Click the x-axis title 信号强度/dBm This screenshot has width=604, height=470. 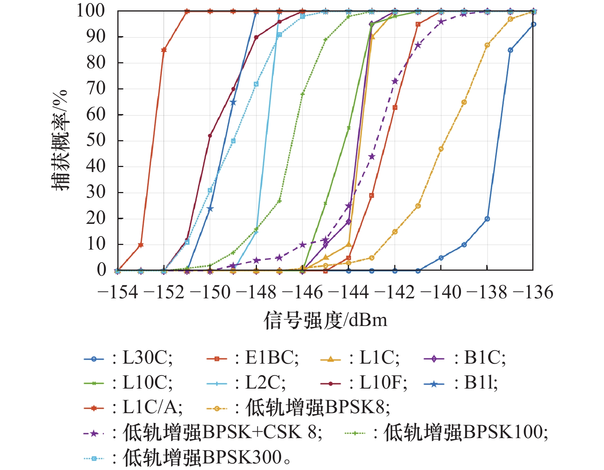click(325, 320)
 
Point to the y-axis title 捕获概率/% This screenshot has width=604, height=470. click(60, 140)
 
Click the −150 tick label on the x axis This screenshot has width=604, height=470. click(210, 292)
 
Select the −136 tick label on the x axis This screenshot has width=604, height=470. click(533, 292)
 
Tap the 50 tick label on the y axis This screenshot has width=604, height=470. click(95, 141)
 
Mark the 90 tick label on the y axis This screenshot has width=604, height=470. click(95, 37)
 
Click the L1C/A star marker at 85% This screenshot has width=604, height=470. click(164, 50)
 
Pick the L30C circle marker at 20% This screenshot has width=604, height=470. click(487, 219)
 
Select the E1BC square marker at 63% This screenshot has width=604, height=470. click(395, 108)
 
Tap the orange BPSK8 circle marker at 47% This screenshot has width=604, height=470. click(441, 149)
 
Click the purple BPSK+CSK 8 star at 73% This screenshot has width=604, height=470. click(395, 81)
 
